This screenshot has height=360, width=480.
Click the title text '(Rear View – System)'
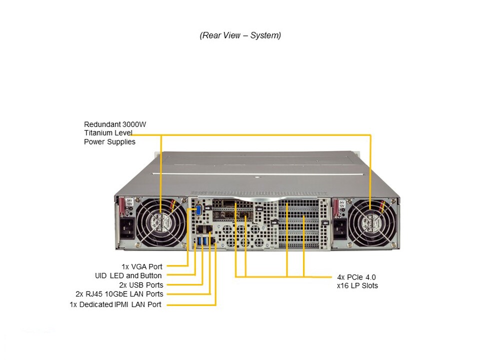click(240, 35)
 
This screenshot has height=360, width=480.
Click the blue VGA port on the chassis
click(198, 210)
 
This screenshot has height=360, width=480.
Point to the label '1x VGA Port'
click(142, 266)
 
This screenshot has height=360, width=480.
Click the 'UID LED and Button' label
click(128, 275)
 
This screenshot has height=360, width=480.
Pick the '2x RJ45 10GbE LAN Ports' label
click(119, 294)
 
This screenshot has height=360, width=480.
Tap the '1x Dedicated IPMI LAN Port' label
click(115, 304)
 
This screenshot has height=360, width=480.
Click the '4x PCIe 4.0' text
click(356, 277)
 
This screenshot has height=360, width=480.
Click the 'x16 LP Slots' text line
click(357, 285)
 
